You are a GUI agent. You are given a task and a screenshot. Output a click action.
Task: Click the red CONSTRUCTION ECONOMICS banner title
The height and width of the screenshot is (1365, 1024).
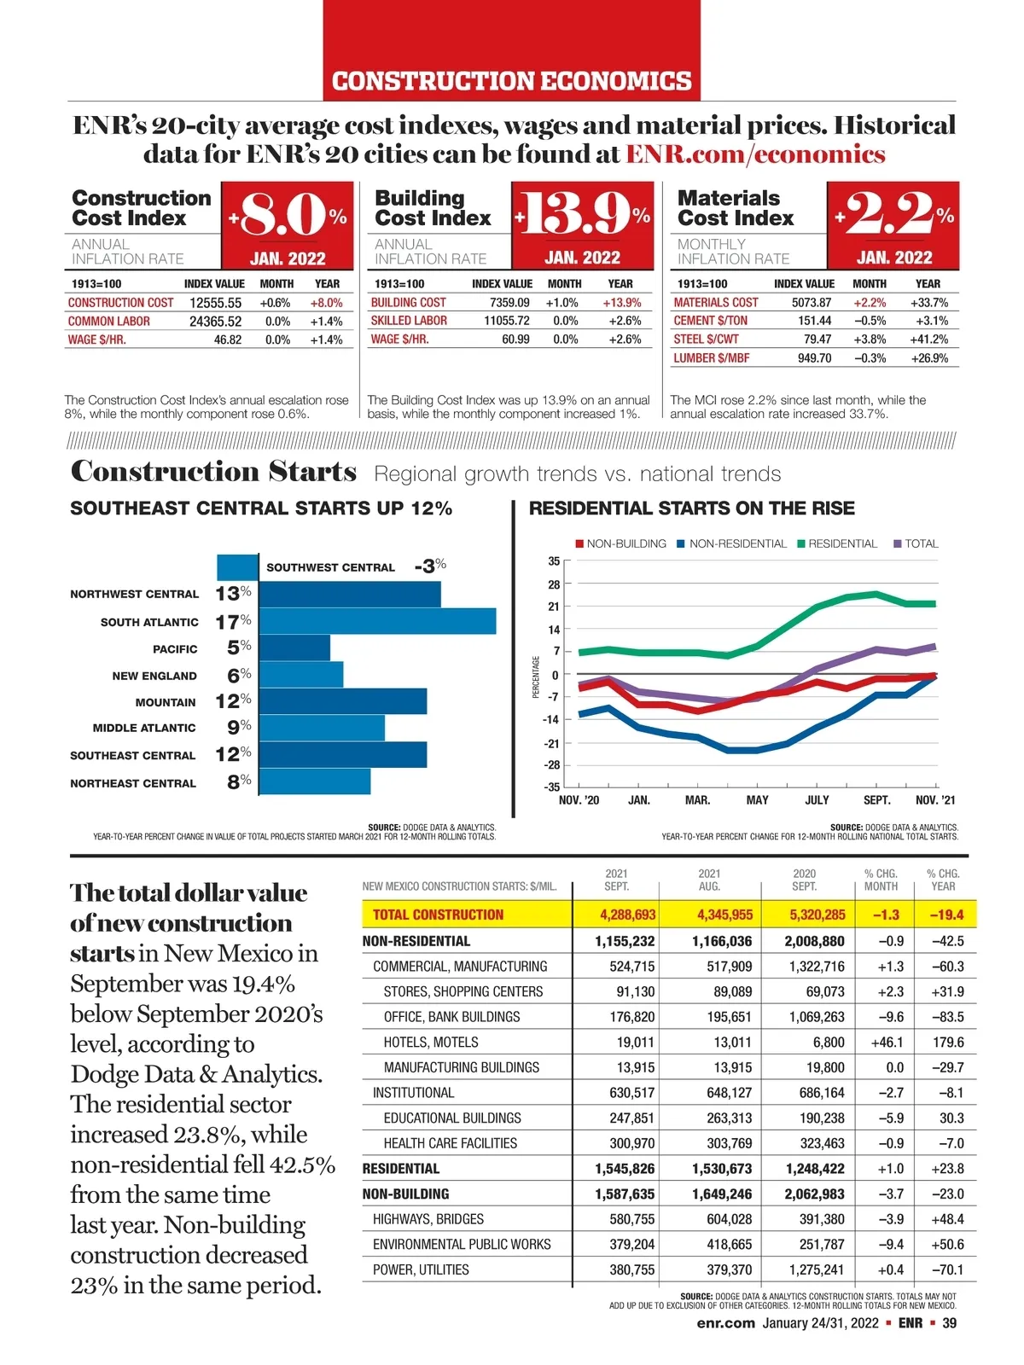[511, 81]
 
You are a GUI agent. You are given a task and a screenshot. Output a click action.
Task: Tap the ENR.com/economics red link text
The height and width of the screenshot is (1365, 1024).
[755, 154]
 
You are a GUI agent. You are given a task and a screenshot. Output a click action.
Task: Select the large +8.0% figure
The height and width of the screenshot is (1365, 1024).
[288, 214]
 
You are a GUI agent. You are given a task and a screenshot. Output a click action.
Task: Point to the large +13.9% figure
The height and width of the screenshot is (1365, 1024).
[583, 214]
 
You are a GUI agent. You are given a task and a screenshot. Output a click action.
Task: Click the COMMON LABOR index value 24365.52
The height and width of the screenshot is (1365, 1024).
[215, 322]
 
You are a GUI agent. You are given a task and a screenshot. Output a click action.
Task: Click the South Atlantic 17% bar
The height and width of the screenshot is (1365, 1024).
[376, 621]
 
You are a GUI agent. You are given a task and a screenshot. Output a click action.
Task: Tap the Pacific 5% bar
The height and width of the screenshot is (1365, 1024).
[294, 648]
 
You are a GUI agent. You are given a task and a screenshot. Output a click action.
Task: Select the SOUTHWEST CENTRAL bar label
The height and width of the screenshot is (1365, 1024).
[330, 567]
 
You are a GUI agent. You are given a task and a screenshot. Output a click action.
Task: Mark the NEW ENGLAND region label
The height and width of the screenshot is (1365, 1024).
[154, 676]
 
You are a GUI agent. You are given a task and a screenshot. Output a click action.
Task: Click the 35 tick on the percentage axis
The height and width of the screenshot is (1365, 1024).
[554, 561]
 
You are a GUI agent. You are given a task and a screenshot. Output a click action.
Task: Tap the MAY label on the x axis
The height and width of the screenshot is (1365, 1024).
[757, 800]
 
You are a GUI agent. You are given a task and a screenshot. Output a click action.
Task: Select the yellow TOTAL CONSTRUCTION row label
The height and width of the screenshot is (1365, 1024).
[438, 915]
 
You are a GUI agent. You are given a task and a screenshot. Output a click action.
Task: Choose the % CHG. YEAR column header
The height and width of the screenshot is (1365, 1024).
[943, 880]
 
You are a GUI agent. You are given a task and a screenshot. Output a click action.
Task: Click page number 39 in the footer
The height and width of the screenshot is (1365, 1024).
[950, 1323]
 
